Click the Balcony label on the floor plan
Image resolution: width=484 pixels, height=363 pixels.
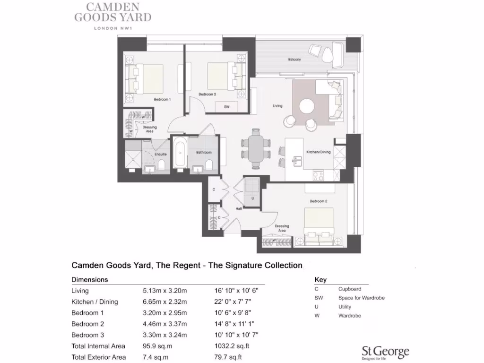tap(294, 60)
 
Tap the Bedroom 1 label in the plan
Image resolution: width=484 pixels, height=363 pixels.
tap(162, 100)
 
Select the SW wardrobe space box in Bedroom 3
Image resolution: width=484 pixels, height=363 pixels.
tap(227, 107)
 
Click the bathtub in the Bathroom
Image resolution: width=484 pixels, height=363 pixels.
tap(180, 153)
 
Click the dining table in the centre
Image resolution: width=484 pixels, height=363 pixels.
tap(256, 148)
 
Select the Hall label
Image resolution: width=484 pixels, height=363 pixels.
tap(239, 208)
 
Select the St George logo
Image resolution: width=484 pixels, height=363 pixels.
tap(385, 351)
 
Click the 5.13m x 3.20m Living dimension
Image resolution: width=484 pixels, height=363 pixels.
tap(165, 291)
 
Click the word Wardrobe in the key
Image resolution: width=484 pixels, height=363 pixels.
tap(350, 316)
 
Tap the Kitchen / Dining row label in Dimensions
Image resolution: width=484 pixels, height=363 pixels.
tap(95, 302)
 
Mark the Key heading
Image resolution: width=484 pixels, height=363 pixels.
tap(320, 280)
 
